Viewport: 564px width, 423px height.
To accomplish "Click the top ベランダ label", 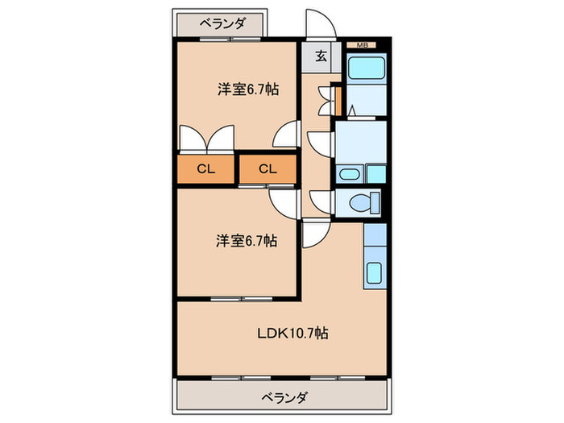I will (222, 23).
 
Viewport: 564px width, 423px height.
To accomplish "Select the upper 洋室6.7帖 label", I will (247, 89).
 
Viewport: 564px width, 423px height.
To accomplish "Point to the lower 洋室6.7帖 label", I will (247, 239).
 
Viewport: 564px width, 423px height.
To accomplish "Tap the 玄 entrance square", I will (320, 56).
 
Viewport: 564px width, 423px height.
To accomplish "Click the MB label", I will (362, 45).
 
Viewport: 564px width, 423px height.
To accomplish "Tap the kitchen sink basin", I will (375, 272).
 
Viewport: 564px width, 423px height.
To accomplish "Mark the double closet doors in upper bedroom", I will (206, 139).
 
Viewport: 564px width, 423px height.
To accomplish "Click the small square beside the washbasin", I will (374, 175).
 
